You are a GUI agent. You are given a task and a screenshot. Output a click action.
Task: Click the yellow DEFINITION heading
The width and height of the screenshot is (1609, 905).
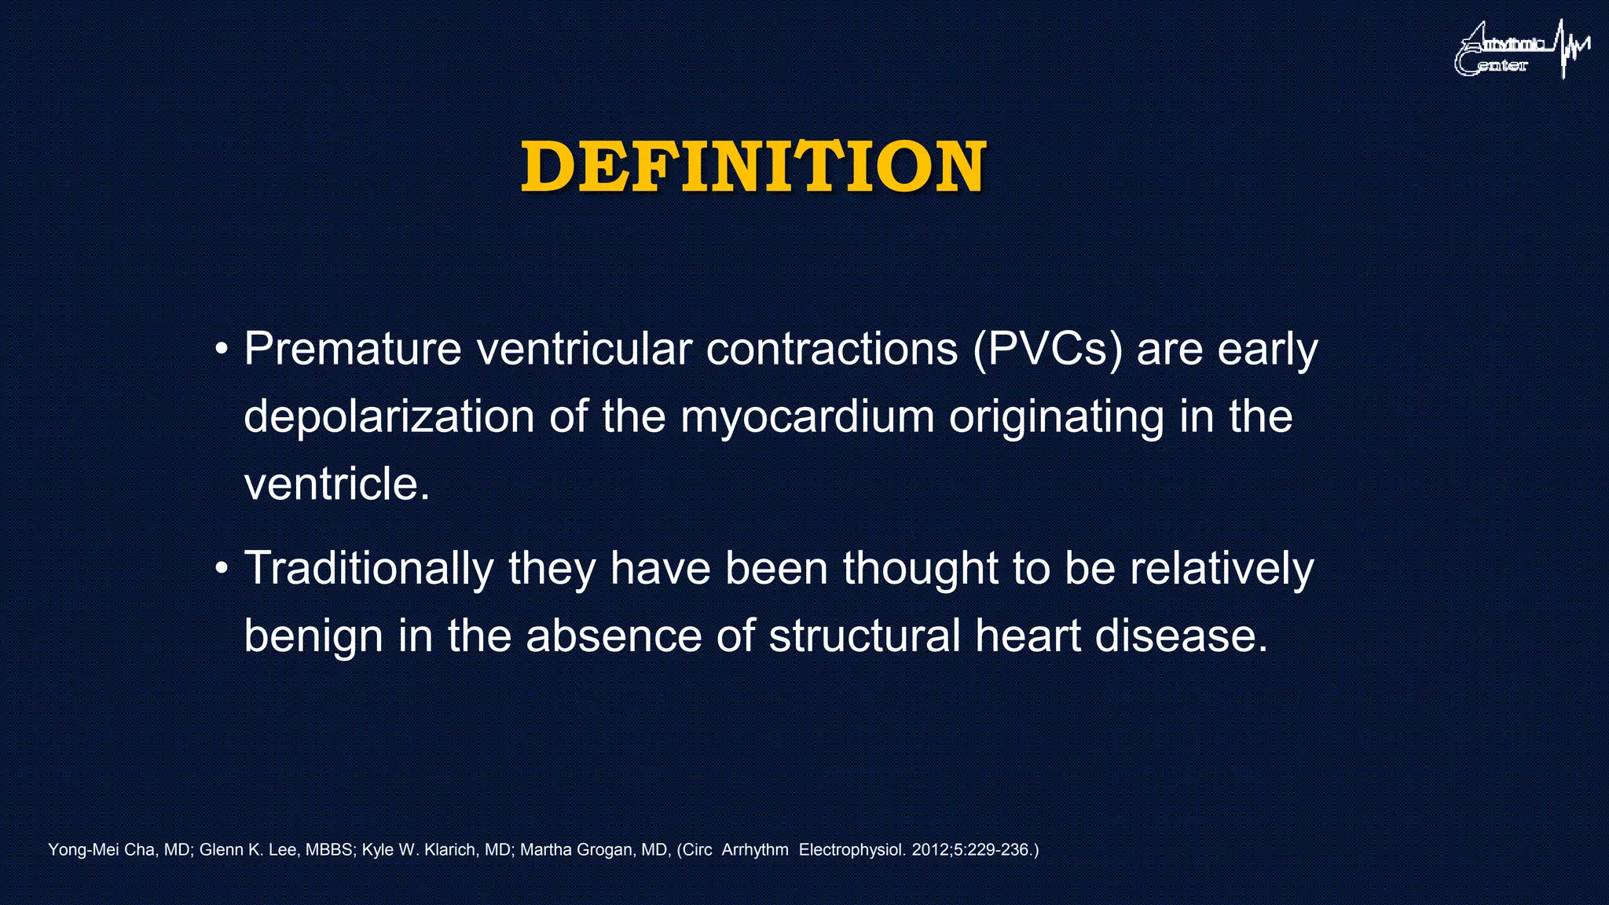click(x=753, y=167)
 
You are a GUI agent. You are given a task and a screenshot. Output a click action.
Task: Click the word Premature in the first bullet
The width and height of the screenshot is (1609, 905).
click(x=352, y=349)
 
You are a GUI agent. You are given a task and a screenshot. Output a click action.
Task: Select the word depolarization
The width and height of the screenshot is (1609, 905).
click(x=389, y=417)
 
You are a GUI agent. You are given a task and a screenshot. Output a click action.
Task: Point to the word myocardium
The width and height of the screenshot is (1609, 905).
click(x=807, y=417)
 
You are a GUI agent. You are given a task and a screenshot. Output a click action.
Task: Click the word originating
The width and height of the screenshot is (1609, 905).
click(x=1056, y=417)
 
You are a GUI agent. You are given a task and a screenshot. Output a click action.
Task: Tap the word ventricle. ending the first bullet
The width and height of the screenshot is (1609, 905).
click(x=337, y=484)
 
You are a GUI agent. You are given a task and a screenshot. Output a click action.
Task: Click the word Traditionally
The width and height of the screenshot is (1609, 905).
click(x=368, y=568)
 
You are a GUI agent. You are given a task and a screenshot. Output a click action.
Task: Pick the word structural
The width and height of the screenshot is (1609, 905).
click(x=864, y=636)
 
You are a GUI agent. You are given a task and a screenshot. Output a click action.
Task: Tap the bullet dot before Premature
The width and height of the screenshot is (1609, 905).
click(x=222, y=349)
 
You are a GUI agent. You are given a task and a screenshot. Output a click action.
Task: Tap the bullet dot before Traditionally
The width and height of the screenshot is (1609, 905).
click(x=222, y=568)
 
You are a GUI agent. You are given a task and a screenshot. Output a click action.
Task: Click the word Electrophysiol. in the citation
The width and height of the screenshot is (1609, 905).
click(x=852, y=850)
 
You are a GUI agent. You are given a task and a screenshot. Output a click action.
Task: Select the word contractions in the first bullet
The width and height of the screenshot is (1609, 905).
click(x=831, y=349)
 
